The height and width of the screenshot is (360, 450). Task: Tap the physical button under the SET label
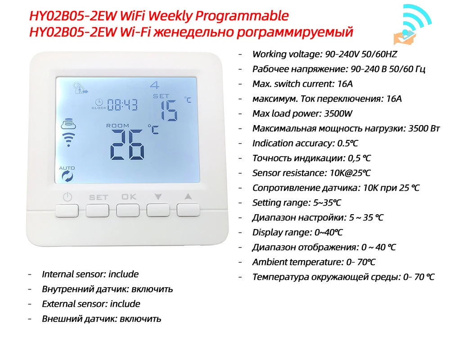coord(98,211)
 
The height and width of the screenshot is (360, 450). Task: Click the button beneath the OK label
coord(128,211)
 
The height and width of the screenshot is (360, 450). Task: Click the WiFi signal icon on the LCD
coord(68,140)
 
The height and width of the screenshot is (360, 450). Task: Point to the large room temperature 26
coord(128,144)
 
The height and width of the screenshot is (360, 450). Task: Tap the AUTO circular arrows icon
coord(67,176)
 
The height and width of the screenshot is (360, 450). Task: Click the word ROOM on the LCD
coord(117,126)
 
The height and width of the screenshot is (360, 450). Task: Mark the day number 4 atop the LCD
coord(154,85)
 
